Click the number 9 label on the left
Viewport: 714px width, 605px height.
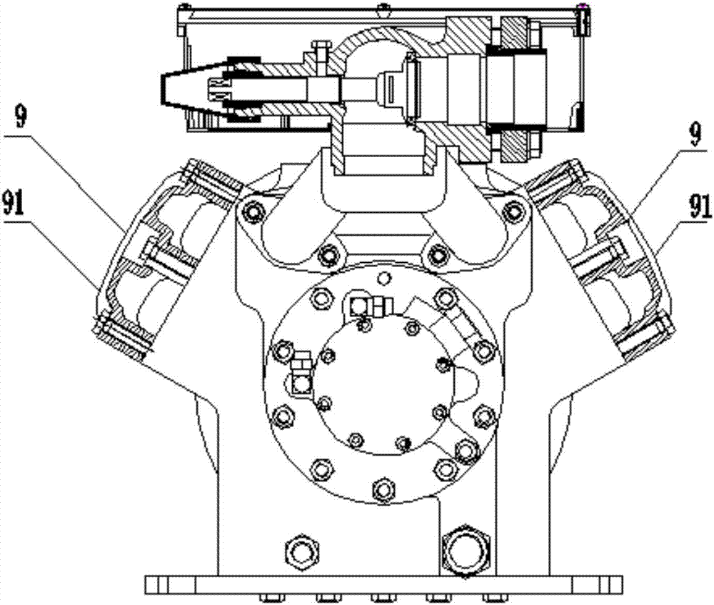(x=21, y=118)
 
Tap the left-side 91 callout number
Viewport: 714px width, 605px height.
(x=13, y=203)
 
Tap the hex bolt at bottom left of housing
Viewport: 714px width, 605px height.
(x=301, y=553)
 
